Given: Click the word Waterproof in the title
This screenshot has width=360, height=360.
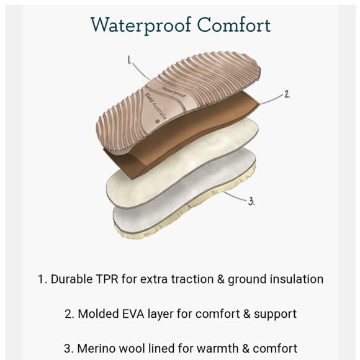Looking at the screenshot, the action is click(141, 25).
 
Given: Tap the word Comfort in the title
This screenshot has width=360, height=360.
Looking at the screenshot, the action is click(234, 24).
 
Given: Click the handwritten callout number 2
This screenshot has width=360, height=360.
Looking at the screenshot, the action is click(287, 94).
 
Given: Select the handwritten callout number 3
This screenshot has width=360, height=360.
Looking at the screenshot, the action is click(251, 201).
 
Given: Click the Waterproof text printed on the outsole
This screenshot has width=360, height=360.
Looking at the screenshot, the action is click(174, 92).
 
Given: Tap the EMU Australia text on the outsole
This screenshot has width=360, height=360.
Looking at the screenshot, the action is click(155, 106).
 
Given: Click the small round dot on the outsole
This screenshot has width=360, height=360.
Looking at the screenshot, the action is click(158, 121).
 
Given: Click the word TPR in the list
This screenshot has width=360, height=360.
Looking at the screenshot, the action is click(107, 279).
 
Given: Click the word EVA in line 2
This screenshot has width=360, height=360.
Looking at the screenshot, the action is click(133, 314).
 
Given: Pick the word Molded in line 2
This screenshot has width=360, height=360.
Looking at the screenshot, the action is click(98, 314).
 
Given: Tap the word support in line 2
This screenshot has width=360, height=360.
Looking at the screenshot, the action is click(275, 315).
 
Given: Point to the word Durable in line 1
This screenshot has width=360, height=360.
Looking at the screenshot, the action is click(71, 279).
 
